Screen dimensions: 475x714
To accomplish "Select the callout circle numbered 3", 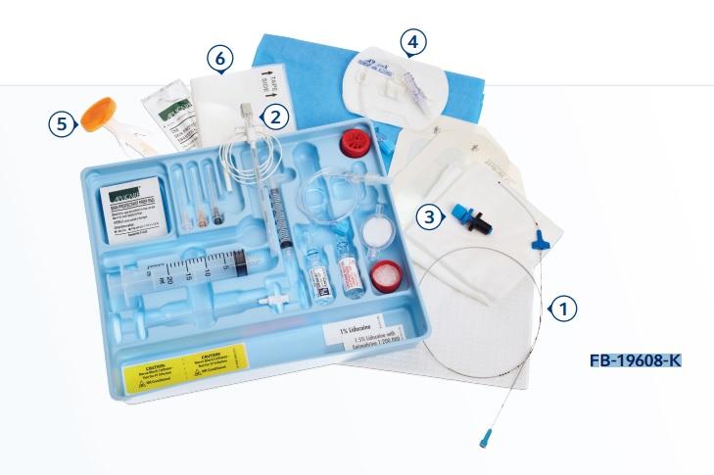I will click(427, 217).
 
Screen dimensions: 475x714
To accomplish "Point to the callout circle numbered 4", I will click(414, 42).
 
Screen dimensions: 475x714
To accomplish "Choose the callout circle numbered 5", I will click(64, 123).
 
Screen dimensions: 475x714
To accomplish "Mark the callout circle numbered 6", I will click(220, 60).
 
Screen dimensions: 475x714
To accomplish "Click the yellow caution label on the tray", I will click(184, 359).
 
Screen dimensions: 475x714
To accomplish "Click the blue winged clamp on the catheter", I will click(538, 239).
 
